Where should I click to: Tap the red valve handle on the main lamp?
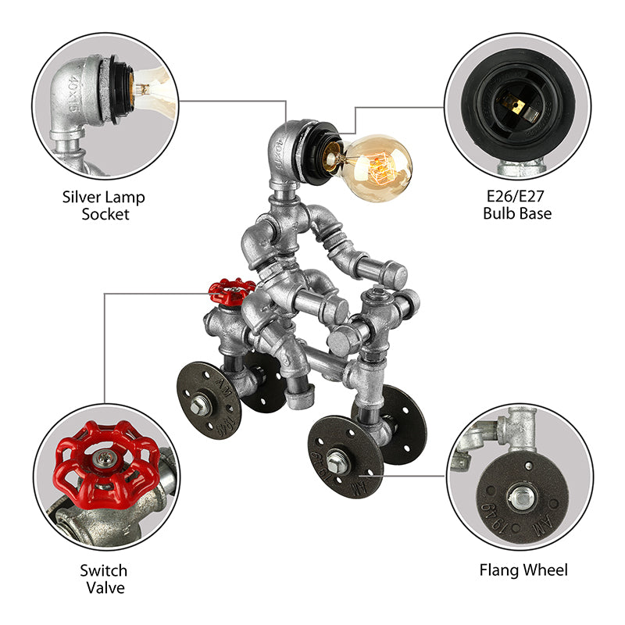point(231,291)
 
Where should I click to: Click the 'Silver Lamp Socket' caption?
point(104,205)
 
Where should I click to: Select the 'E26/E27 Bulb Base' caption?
point(516,205)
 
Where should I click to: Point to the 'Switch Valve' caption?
point(104,579)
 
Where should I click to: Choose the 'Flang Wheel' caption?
point(523,570)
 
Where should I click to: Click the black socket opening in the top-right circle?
point(516,102)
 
